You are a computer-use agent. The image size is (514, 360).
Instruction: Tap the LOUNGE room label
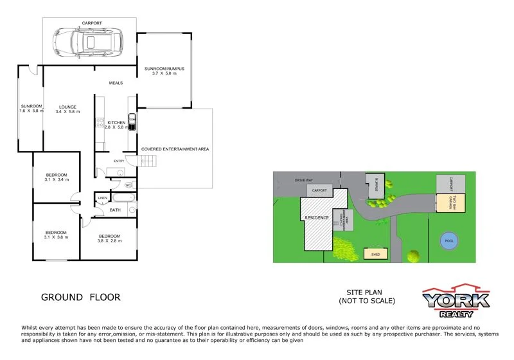click(67, 107)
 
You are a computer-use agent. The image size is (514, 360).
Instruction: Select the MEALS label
click(116, 83)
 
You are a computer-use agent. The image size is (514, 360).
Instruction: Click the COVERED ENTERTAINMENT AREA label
click(175, 149)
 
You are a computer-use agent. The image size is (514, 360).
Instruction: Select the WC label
click(128, 185)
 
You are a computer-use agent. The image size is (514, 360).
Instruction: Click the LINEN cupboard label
click(102, 197)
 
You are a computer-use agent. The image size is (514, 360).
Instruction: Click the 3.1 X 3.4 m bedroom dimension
click(57, 181)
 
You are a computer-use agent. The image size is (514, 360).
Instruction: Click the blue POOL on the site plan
click(450, 242)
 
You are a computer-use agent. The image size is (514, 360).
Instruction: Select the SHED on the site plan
click(375, 254)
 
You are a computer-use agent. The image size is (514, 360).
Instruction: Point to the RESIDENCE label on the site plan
click(316, 218)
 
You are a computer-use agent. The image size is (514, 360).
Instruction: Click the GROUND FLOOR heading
click(80, 297)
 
